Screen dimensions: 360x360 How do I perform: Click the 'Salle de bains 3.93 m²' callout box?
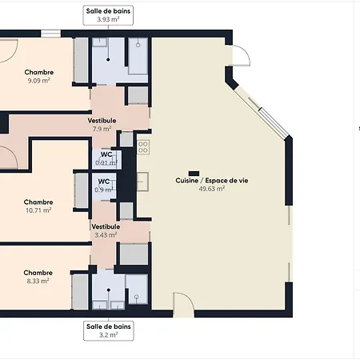point(108,15)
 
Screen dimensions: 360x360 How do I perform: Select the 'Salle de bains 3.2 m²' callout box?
point(109,331)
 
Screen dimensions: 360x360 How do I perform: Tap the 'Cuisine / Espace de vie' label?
point(212,181)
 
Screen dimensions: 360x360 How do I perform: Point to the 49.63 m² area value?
point(212,189)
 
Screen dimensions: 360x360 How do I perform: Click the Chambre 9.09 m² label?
point(39,76)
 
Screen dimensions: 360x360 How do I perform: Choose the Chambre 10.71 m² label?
point(38,206)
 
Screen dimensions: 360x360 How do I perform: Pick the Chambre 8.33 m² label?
point(38,277)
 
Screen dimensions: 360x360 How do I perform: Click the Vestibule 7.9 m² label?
point(102,125)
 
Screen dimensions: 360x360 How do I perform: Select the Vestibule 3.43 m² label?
point(106,230)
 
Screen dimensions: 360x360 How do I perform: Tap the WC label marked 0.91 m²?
point(106,158)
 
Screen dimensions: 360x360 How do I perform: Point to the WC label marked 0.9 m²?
point(104,186)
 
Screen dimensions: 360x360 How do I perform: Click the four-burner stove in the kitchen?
point(143,147)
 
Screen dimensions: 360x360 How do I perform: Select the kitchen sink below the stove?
point(142,182)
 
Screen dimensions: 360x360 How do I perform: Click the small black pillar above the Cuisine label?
point(194,174)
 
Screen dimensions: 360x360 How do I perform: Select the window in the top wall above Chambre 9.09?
point(50,34)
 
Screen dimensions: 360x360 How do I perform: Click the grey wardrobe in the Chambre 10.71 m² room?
point(81,190)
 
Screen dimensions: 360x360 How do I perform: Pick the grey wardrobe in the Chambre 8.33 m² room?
point(80,292)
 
